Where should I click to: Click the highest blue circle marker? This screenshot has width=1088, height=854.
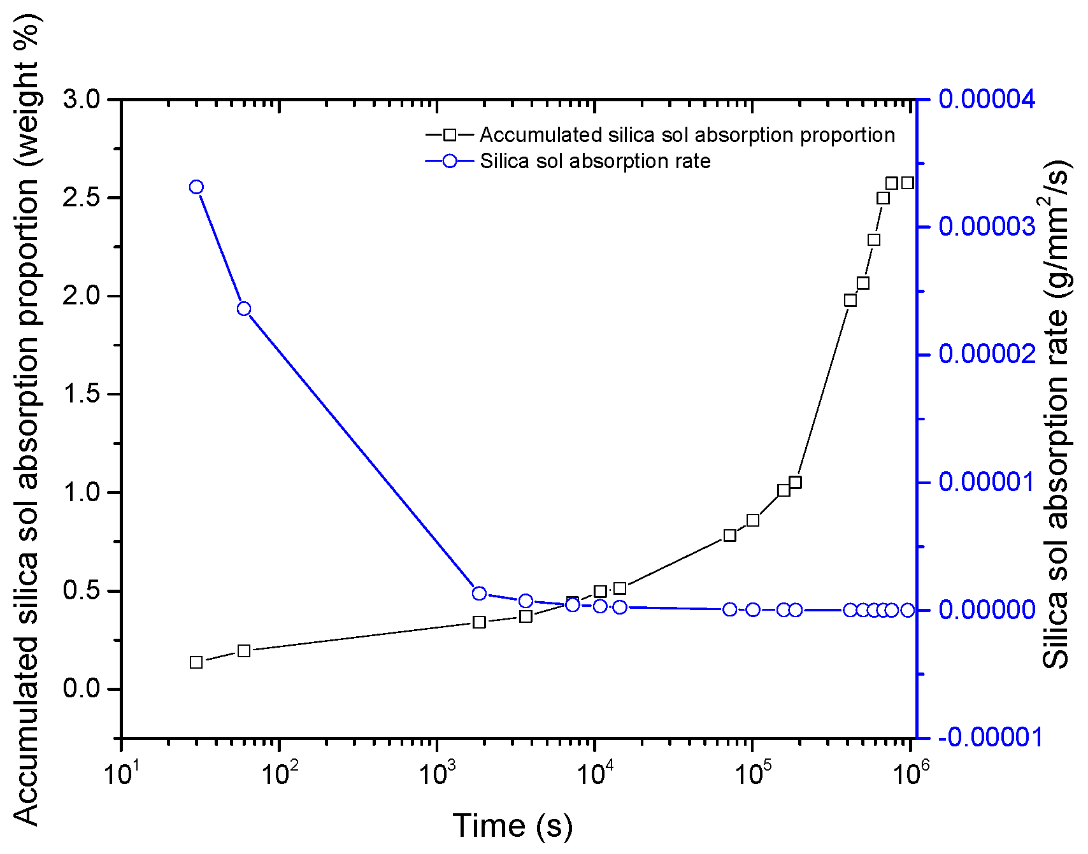pyautogui.click(x=196, y=187)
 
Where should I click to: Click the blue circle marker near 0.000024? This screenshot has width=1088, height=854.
pyautogui.click(x=244, y=309)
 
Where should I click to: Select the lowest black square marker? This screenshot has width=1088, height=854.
pyautogui.click(x=196, y=662)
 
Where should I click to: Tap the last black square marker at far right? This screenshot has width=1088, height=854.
pyautogui.click(x=908, y=183)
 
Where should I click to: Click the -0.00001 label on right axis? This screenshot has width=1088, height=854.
pyautogui.click(x=991, y=737)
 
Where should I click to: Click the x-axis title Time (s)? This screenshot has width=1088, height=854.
pyautogui.click(x=513, y=826)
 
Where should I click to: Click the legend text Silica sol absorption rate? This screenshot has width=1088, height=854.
pyautogui.click(x=595, y=161)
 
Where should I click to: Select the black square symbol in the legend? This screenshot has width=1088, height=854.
pyautogui.click(x=450, y=135)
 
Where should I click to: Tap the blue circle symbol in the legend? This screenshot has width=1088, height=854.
pyautogui.click(x=450, y=161)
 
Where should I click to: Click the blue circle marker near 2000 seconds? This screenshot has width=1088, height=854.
pyautogui.click(x=480, y=594)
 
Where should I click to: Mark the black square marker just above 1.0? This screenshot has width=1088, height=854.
pyautogui.click(x=795, y=482)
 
